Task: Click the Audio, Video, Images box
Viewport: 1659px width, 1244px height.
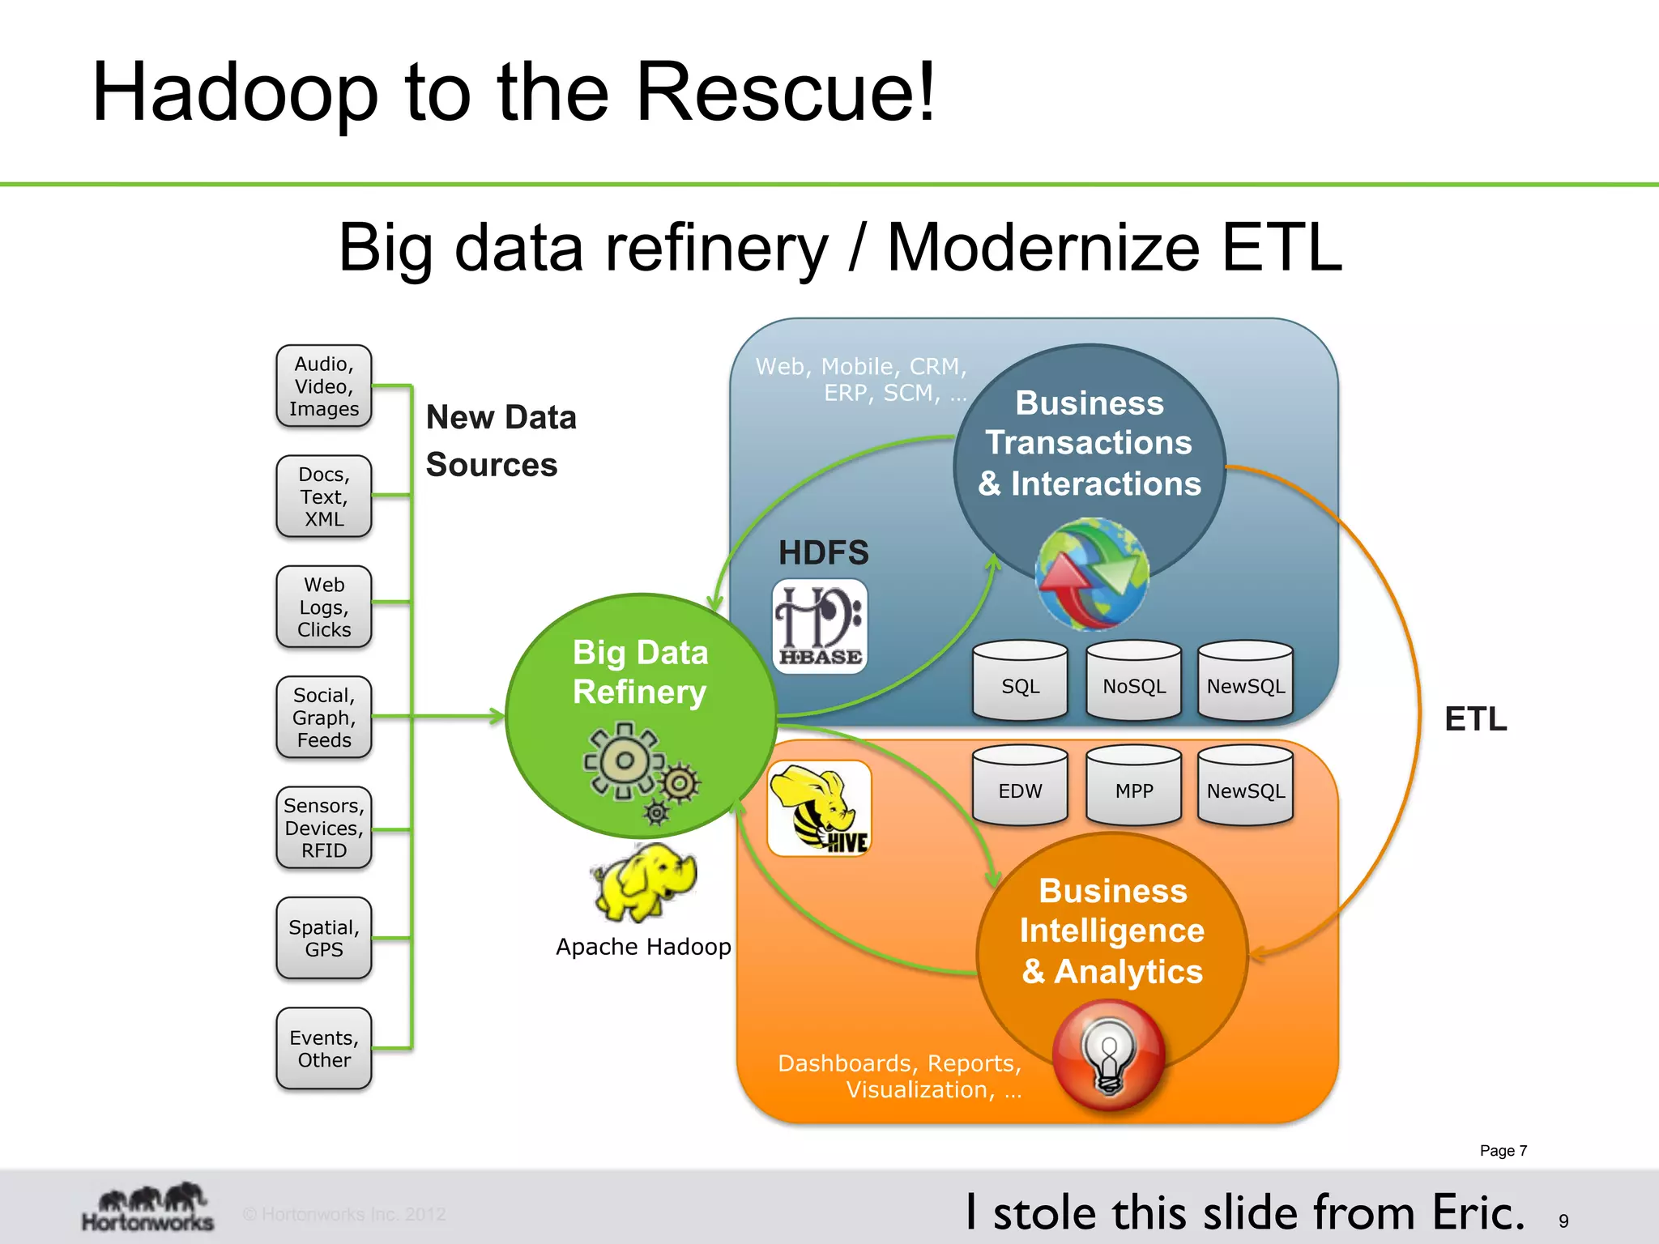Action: pos(323,386)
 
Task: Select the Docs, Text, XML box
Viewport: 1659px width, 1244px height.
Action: pos(323,496)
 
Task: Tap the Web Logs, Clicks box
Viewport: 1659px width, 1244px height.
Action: pos(323,607)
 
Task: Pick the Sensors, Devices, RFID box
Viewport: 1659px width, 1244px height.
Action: pos(323,828)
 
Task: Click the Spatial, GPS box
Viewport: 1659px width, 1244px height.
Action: pos(323,938)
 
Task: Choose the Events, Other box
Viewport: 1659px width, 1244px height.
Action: pos(323,1048)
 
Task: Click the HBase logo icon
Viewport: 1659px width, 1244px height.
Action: pos(819,626)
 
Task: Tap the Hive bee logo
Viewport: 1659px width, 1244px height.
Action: pos(819,808)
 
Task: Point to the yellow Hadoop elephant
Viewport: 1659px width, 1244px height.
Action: pos(646,882)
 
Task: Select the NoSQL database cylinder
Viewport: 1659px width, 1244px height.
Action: pos(1133,680)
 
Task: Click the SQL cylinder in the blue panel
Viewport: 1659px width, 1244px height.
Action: pos(1020,680)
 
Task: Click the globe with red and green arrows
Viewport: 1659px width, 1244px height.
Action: pos(1091,574)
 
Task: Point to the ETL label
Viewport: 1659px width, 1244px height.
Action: pos(1475,719)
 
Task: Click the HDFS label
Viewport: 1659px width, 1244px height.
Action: pos(823,553)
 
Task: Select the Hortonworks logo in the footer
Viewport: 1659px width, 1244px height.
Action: pos(147,1208)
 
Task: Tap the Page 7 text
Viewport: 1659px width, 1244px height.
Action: pos(1503,1151)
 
